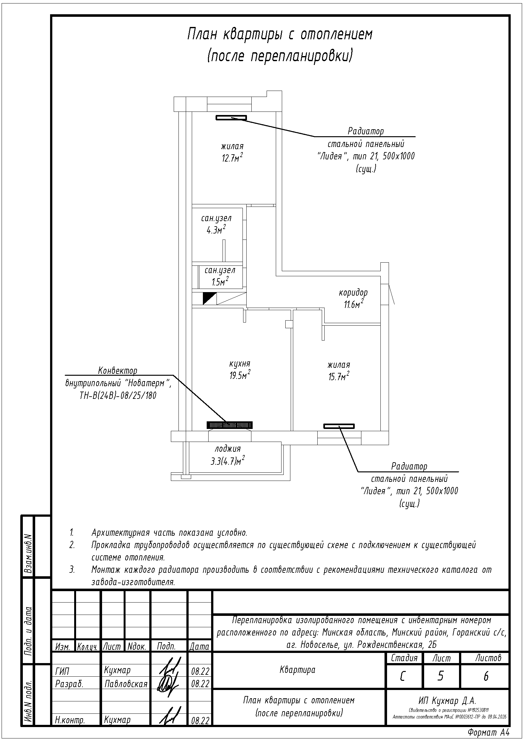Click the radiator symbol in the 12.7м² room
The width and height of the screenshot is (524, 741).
click(x=231, y=118)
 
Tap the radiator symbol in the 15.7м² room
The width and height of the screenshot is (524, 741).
click(x=339, y=426)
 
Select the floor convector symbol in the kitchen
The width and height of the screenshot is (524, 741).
click(x=230, y=425)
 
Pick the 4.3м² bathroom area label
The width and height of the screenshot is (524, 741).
click(x=216, y=230)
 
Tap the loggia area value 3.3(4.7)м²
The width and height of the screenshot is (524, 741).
click(x=227, y=461)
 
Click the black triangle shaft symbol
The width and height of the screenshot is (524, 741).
click(x=208, y=298)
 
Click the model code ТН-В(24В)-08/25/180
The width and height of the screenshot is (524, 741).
click(x=118, y=395)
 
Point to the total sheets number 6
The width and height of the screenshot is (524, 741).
click(x=486, y=676)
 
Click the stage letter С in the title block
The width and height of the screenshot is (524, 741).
click(x=403, y=676)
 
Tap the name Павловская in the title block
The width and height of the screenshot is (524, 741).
click(x=126, y=684)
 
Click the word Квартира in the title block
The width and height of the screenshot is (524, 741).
click(x=297, y=670)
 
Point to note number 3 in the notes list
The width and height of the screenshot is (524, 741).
click(x=72, y=570)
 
